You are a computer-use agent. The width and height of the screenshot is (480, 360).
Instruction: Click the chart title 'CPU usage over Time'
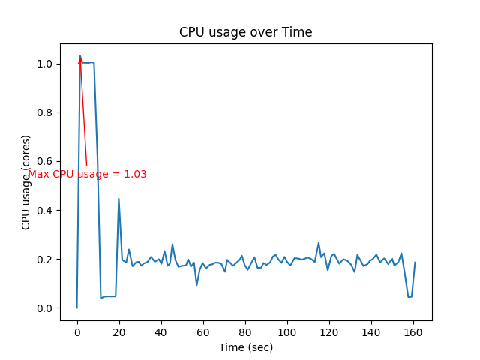(246, 32)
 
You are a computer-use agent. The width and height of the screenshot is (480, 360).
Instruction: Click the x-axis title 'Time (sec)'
(246, 347)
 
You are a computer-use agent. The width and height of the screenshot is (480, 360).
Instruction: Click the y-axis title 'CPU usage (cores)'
(26, 182)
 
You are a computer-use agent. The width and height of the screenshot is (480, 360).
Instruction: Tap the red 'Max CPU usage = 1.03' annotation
(88, 175)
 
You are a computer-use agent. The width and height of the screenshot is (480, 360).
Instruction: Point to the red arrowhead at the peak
(80, 60)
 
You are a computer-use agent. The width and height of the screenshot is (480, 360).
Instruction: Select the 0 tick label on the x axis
(77, 331)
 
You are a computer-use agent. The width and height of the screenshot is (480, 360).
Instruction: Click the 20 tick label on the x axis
(119, 331)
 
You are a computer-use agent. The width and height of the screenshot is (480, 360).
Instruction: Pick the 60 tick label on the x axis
(203, 331)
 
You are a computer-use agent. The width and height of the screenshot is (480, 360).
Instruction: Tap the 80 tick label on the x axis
(245, 331)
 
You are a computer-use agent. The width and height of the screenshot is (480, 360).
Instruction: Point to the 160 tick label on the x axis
(413, 331)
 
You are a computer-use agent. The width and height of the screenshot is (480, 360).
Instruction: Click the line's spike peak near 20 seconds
(118, 199)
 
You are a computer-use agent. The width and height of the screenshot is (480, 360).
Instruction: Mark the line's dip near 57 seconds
(196, 284)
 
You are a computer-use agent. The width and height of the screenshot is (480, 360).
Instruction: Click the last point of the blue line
(415, 262)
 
